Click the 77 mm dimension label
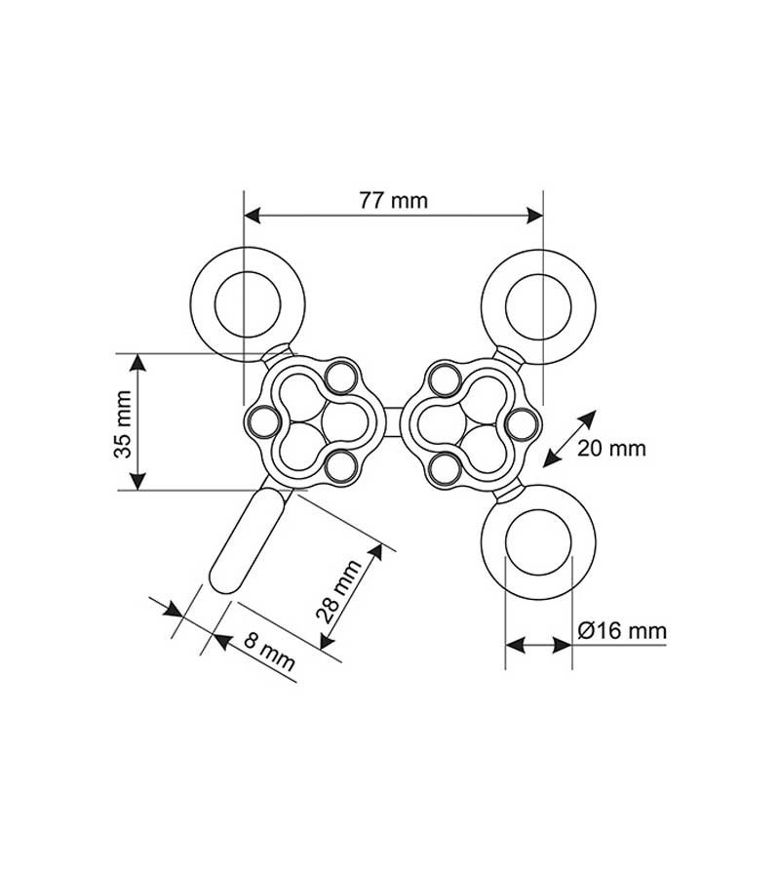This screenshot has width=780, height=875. [x=393, y=201]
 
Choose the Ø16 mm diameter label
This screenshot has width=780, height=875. [x=622, y=630]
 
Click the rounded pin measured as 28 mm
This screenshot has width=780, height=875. [x=246, y=541]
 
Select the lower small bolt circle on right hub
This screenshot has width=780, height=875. [x=444, y=467]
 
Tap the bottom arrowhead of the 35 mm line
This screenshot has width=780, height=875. [x=138, y=482]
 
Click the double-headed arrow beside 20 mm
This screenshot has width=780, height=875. [x=570, y=438]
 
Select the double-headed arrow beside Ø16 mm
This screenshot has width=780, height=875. [x=537, y=645]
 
